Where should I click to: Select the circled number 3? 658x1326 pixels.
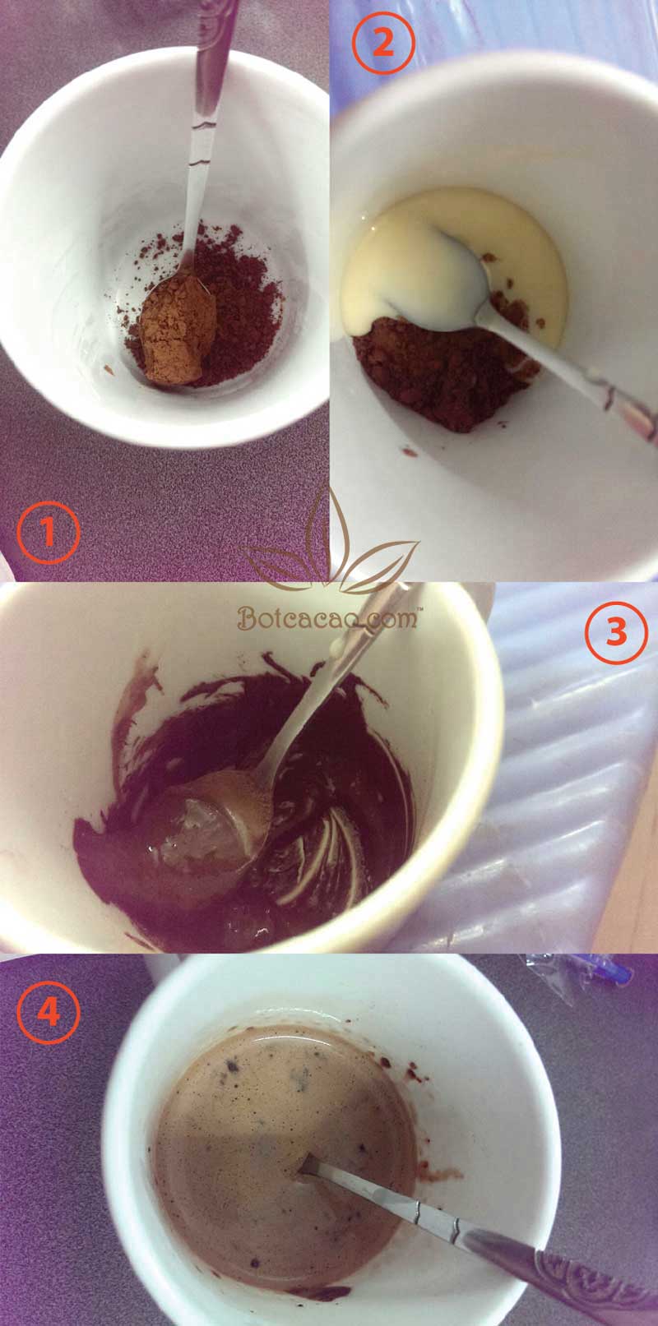tap(615, 631)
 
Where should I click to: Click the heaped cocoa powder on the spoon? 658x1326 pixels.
tap(176, 329)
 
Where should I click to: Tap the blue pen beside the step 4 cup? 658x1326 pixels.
tap(609, 973)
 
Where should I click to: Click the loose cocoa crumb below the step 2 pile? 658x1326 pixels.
tap(410, 451)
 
